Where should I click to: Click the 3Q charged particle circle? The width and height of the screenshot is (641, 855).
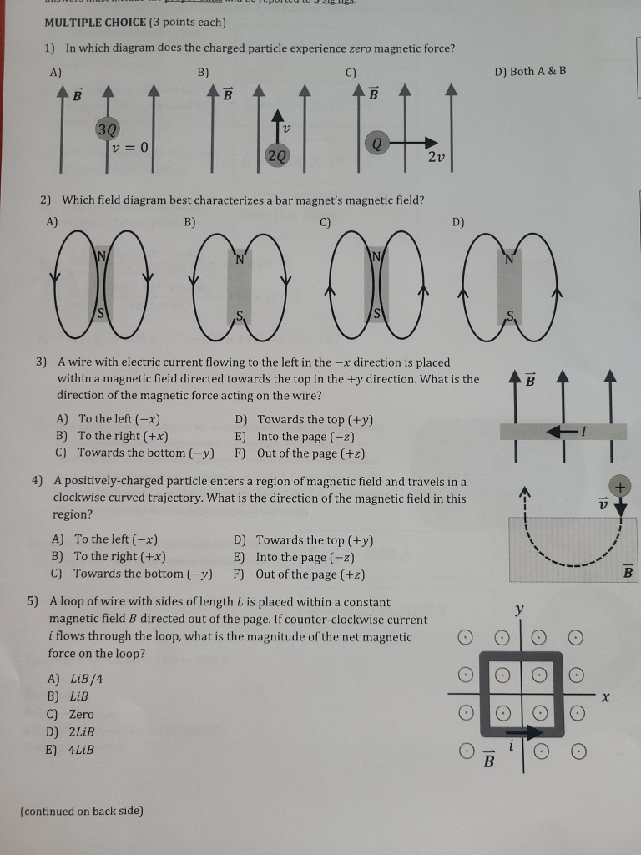coord(108,129)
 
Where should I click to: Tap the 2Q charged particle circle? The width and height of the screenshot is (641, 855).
coord(277,154)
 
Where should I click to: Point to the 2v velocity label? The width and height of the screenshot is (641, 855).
coord(436,158)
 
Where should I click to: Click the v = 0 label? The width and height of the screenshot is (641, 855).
coord(131,148)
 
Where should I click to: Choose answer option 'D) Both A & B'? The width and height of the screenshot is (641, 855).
coord(530,71)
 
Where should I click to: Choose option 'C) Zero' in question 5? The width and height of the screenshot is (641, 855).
coord(72,715)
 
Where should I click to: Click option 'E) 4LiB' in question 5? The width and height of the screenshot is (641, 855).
coord(72,750)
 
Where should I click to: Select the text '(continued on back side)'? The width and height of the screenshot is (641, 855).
coord(82,811)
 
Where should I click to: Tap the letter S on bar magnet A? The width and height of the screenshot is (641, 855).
coord(102,314)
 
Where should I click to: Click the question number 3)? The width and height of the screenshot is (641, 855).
coord(41,362)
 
